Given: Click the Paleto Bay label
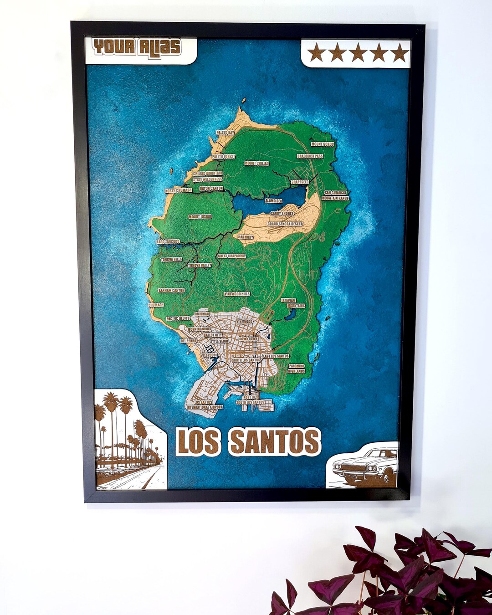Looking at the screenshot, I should click(225, 132).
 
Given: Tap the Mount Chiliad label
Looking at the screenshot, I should click(257, 163).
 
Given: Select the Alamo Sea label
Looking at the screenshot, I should click(273, 200).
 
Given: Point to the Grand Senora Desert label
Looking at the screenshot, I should click(285, 224).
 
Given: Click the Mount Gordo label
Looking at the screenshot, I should click(323, 144).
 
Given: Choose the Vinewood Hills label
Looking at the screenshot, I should click(237, 294).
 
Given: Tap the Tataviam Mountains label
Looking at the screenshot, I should click(292, 303).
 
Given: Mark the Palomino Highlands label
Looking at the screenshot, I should click(296, 369).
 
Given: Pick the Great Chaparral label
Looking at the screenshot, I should click(231, 256).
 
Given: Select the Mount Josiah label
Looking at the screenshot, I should click(200, 216).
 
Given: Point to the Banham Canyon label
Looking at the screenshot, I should click(171, 290).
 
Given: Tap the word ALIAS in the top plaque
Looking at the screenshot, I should click(159, 46).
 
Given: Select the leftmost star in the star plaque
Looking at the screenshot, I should click(316, 53).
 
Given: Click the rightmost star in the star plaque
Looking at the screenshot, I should click(400, 53).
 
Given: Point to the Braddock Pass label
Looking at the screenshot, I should click(310, 156).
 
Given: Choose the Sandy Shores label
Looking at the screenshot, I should click(282, 213).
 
